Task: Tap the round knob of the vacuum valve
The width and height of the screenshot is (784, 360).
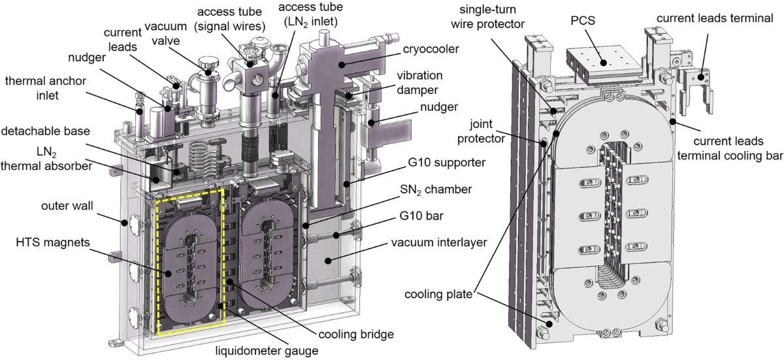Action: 208,64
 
